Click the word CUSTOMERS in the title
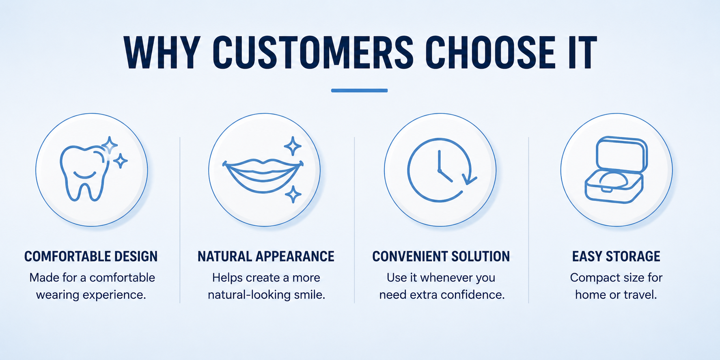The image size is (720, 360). (313, 53)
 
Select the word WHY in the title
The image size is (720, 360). (162, 53)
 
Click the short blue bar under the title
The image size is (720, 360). (359, 91)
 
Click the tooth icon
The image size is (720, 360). (85, 174)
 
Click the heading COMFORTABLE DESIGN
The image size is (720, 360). (91, 257)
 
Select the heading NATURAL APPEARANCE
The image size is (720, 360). (266, 257)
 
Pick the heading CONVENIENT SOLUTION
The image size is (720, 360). (441, 257)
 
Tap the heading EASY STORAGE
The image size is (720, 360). (616, 257)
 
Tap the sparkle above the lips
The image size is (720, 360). (293, 146)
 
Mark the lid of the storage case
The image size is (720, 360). (621, 154)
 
